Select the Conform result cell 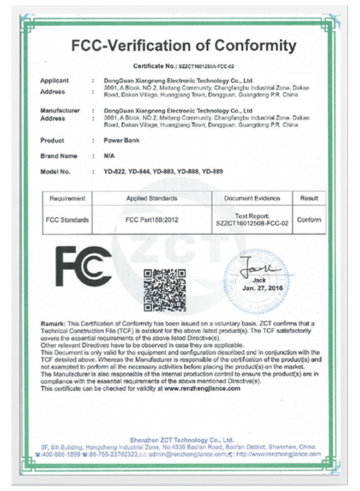309,220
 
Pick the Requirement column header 67,198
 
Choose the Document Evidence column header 252,198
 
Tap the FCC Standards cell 67,220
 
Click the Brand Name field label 59,156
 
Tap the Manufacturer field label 60,110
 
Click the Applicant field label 55,80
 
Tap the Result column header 309,198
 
